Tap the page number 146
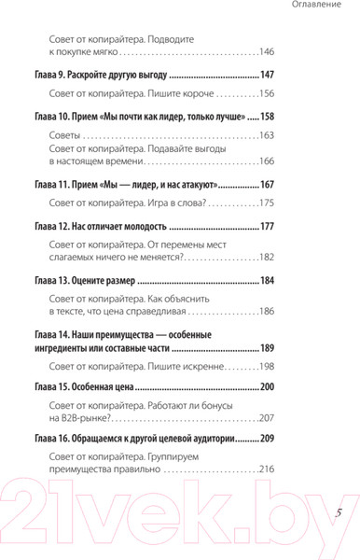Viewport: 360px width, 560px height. pos(268,52)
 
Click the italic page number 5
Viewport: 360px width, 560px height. pos(339,512)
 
